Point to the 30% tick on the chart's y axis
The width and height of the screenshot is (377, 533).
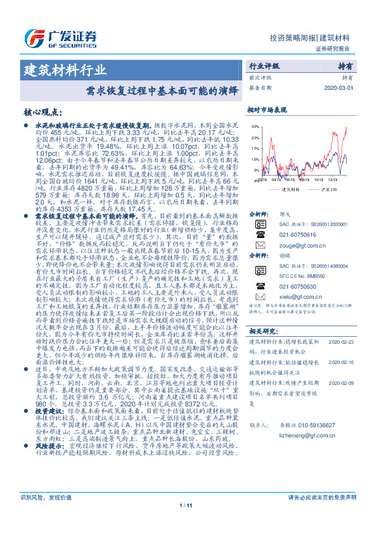pyautogui.click(x=255, y=127)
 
